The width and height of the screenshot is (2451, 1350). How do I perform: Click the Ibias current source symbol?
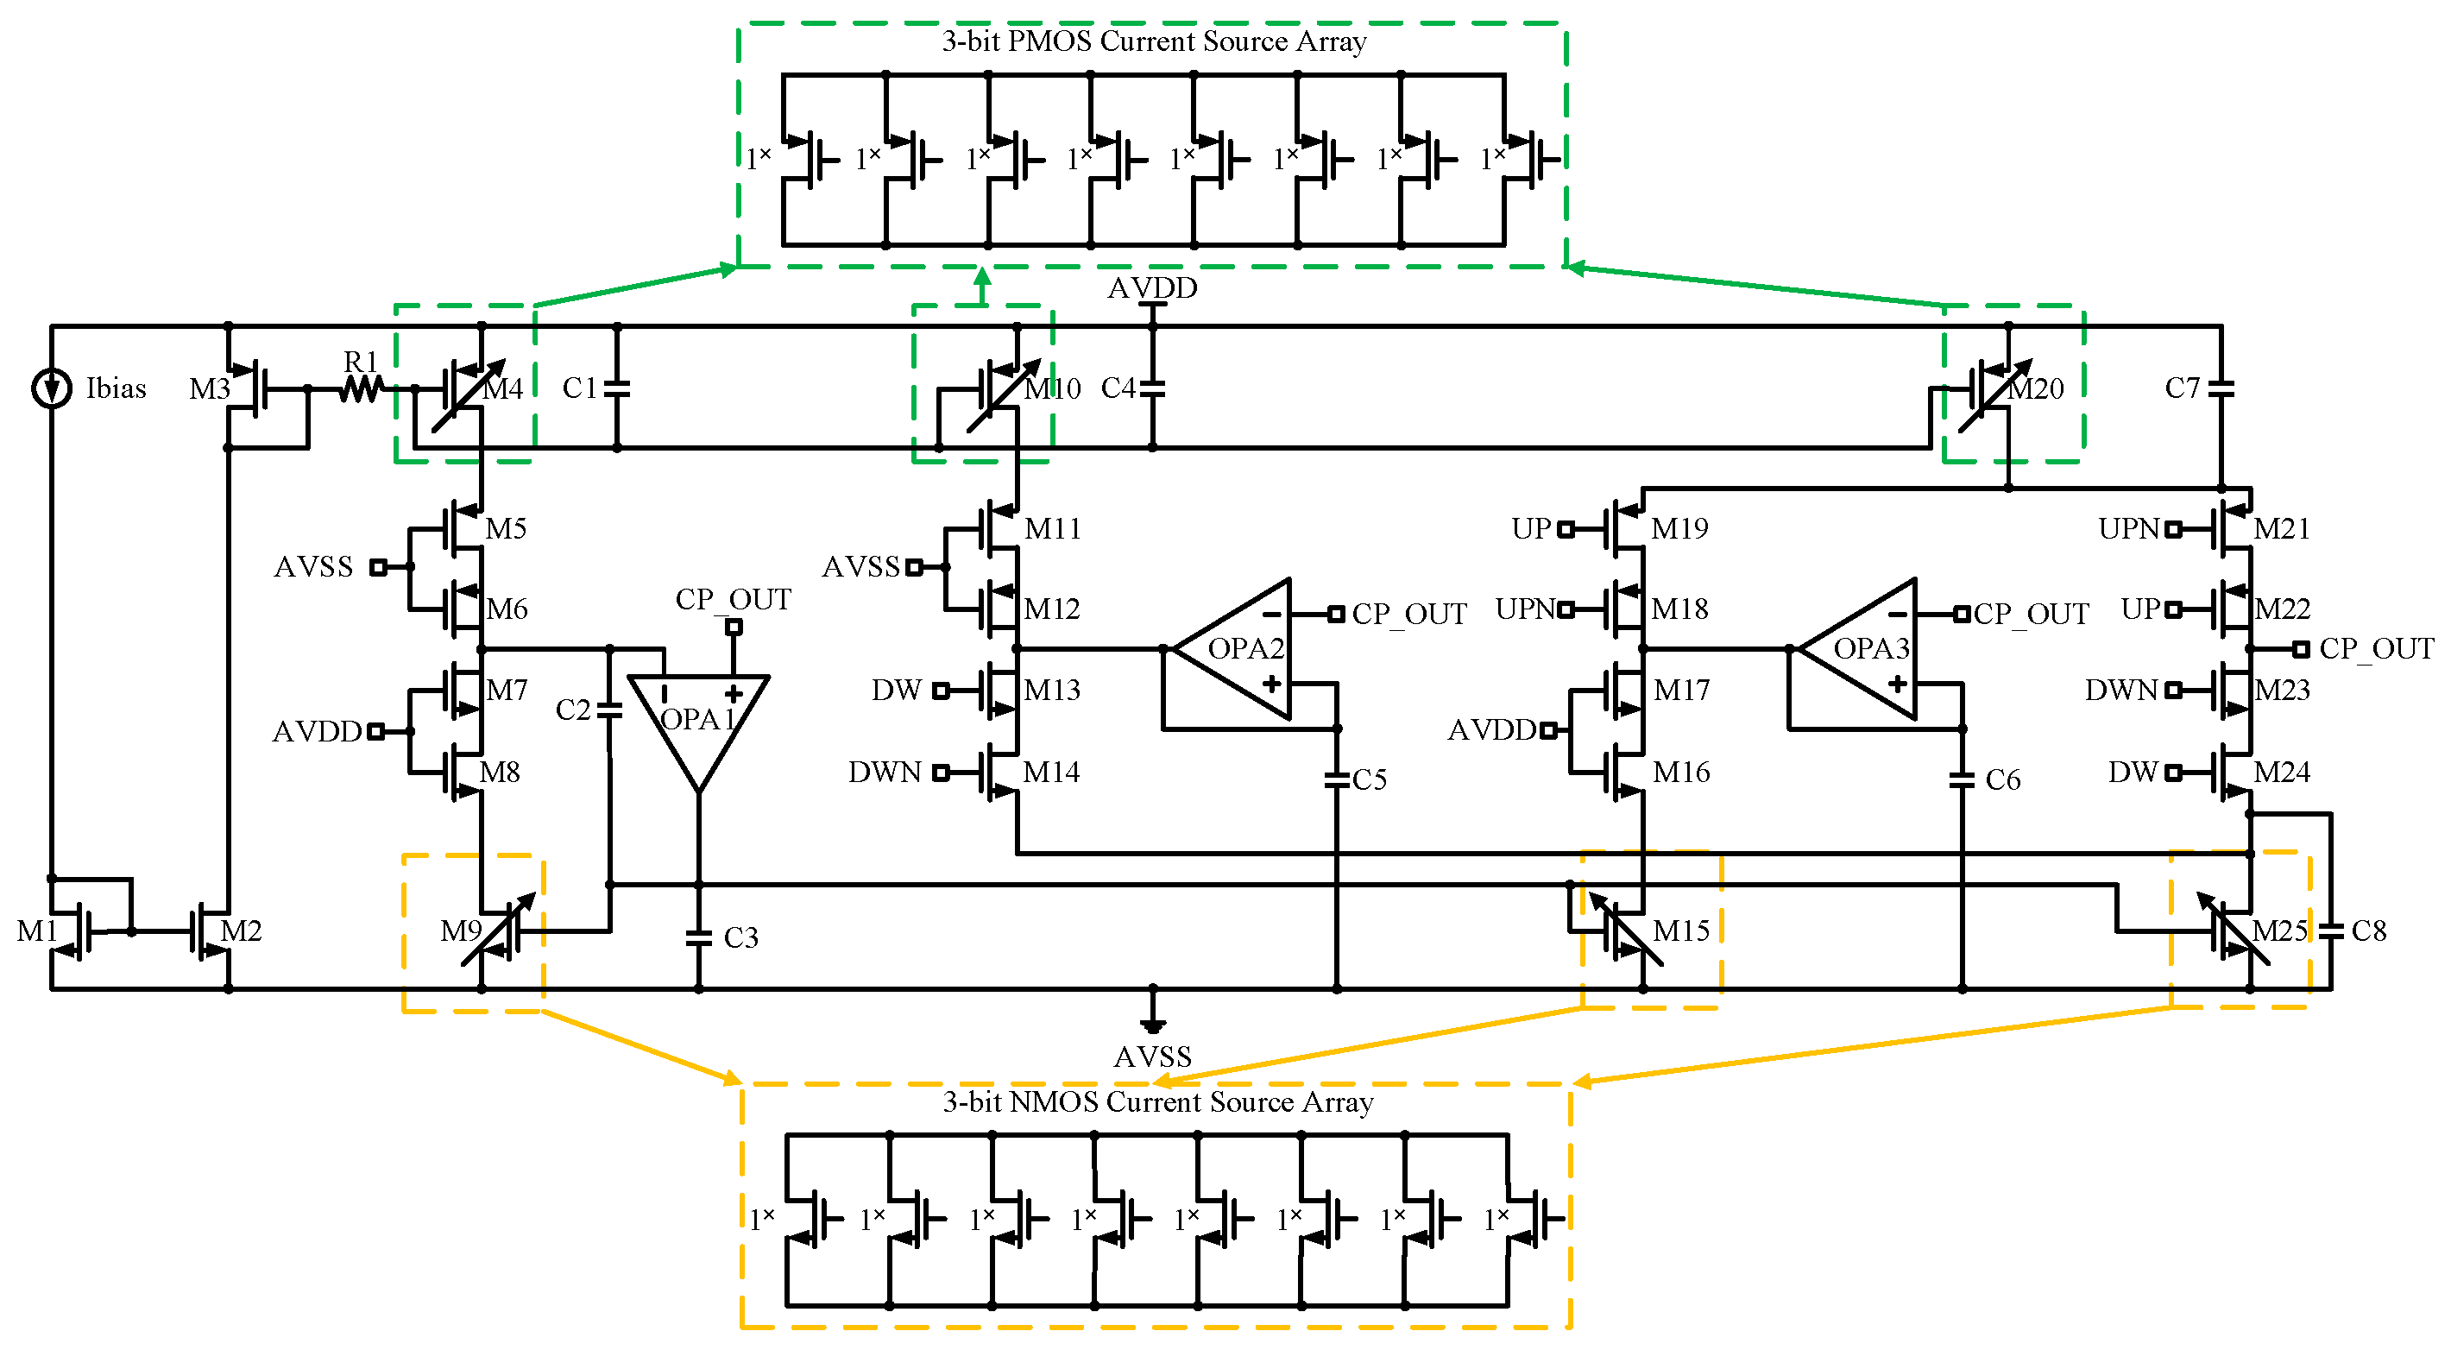pos(52,388)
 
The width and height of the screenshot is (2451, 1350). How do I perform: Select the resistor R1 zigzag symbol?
pos(361,388)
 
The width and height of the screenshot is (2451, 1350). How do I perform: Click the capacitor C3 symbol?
pos(698,938)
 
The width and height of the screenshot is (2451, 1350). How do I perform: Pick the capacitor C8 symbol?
pos(2331,930)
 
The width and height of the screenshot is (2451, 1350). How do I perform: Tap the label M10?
pos(1052,389)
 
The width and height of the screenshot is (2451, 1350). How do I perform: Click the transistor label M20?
pos(2036,389)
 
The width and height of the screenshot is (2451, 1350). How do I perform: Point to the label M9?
pos(461,930)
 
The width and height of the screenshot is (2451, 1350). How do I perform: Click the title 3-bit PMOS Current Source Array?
pos(1153,41)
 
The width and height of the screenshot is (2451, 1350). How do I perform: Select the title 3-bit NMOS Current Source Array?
pos(1157,1102)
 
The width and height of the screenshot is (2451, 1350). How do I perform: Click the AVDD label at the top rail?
pos(1152,287)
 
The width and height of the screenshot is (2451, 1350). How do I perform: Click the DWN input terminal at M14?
pos(941,773)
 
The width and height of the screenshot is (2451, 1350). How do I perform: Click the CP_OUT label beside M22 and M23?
pos(2375,649)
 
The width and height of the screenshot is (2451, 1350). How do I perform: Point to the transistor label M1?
pos(36,930)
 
